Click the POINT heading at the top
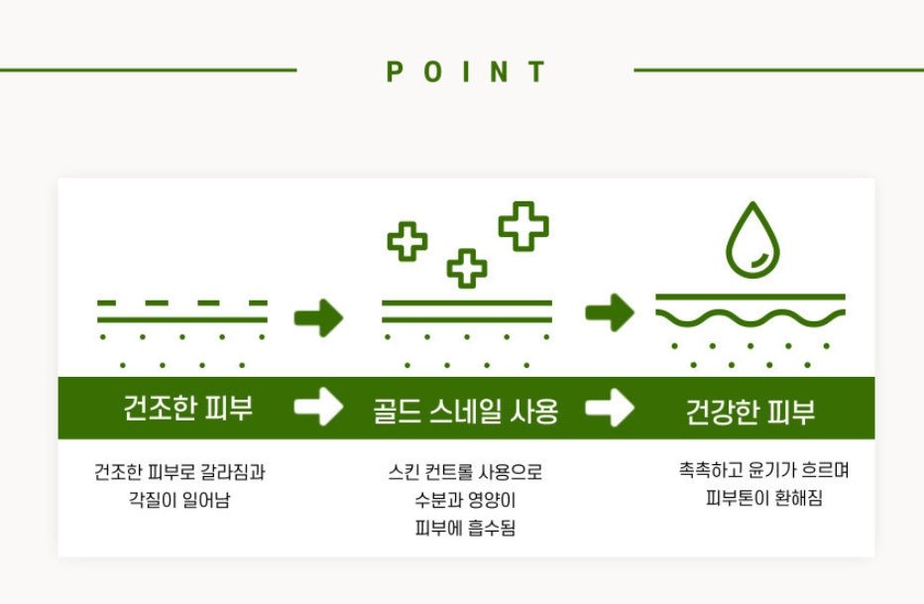tap(466, 71)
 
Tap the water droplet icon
tap(753, 241)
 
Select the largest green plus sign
tap(523, 225)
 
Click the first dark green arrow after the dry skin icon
tap(318, 317)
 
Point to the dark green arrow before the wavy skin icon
tap(610, 313)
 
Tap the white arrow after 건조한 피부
tap(318, 408)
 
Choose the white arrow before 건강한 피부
tap(610, 408)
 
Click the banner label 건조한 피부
tap(188, 409)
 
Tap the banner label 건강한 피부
tap(751, 412)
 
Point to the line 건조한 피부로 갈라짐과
tap(179, 472)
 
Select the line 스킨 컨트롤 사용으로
tap(465, 472)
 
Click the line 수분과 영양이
tap(465, 500)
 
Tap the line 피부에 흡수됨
tap(465, 529)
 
